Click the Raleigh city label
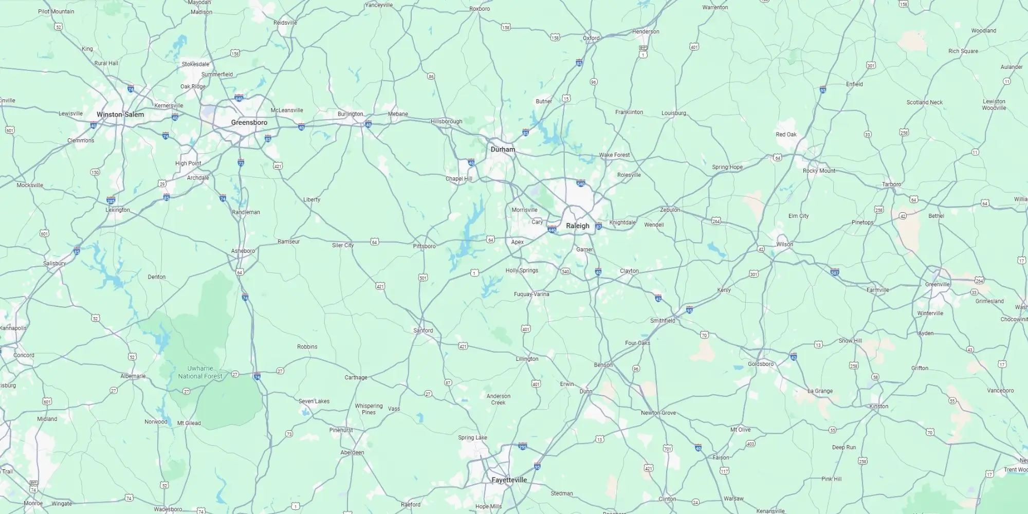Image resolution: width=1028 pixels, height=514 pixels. [577, 226]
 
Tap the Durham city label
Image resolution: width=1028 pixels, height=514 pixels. [502, 150]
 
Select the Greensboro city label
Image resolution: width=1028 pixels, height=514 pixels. [249, 122]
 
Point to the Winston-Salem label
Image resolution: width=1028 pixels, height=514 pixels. [120, 115]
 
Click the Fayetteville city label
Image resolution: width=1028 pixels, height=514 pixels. [509, 480]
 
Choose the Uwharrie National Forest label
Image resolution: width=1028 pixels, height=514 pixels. [200, 372]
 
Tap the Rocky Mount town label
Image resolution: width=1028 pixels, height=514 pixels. [819, 171]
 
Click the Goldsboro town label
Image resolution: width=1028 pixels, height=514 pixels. [760, 364]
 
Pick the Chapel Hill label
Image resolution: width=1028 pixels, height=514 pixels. [458, 179]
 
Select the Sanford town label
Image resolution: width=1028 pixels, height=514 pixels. [423, 331]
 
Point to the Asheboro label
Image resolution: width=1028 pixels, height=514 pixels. [243, 251]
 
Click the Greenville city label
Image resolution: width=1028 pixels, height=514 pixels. [937, 284]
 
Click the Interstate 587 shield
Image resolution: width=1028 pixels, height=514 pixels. [835, 272]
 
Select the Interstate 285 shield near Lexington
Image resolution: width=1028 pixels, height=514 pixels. [111, 200]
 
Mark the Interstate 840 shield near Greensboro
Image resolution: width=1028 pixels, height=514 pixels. [238, 98]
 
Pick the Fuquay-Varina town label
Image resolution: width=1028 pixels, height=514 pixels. [531, 294]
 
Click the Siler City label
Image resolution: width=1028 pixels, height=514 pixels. [342, 245]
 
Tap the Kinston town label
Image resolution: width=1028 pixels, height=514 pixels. [878, 406]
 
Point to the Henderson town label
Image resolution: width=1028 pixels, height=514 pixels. [645, 31]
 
